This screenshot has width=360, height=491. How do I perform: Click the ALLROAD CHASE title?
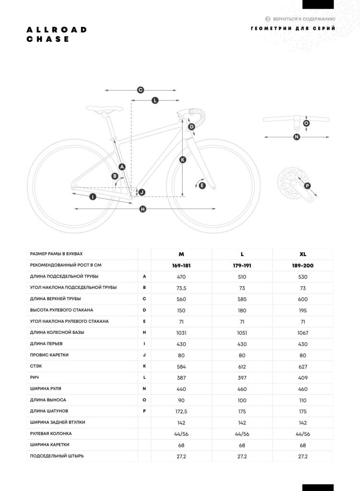click(57, 35)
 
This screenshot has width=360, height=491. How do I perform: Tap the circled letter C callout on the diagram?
click(140, 90)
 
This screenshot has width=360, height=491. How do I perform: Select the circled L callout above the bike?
click(155, 100)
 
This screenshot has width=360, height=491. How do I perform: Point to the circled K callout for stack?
click(183, 160)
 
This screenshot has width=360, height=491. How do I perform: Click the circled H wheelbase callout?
click(143, 209)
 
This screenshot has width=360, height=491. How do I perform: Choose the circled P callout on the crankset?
click(307, 186)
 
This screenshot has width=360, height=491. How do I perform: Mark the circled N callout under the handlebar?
click(296, 137)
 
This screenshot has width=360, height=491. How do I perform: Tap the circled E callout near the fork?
click(202, 186)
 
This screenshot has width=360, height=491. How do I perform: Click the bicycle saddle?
click(101, 109)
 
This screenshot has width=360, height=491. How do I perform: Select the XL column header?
click(302, 254)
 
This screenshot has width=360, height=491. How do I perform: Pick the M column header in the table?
click(181, 254)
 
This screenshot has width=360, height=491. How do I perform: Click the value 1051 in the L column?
click(242, 333)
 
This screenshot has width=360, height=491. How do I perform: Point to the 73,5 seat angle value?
click(181, 288)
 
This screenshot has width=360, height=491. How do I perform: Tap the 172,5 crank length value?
click(181, 411)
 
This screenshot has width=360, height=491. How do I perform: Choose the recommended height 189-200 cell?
click(302, 265)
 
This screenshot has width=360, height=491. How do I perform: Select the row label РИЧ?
click(35, 377)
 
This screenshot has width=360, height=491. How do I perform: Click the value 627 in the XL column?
click(302, 366)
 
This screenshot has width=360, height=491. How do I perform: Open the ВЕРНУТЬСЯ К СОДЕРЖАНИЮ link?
click(300, 19)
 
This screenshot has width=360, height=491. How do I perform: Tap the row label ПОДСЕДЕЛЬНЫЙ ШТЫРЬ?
click(57, 456)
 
